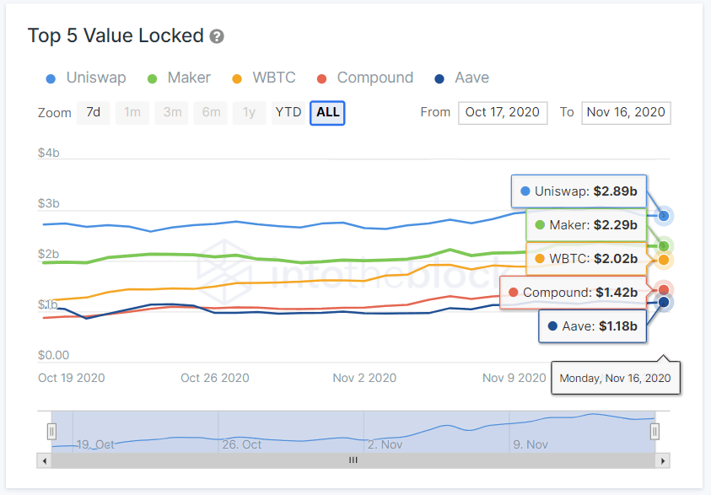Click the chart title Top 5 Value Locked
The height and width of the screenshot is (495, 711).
pos(116,35)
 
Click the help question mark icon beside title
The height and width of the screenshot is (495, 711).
pos(217,36)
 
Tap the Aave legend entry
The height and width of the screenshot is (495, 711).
pos(461,78)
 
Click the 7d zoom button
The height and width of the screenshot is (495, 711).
pos(94,112)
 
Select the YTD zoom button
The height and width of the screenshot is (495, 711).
pos(288,112)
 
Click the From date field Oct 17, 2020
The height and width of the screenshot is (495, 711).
pos(503,112)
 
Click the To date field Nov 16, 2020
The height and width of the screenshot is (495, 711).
pos(626,112)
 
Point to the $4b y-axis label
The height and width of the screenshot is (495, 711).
pos(48,153)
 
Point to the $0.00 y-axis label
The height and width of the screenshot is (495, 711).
pos(53,355)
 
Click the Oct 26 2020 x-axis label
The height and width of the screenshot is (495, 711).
pos(215,378)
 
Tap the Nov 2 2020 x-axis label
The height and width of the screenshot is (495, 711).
pos(364,378)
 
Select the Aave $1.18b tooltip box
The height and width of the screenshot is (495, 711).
pos(592,326)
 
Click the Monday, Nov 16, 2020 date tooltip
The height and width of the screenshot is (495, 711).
pos(615,378)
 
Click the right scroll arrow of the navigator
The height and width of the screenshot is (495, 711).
pos(664,460)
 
